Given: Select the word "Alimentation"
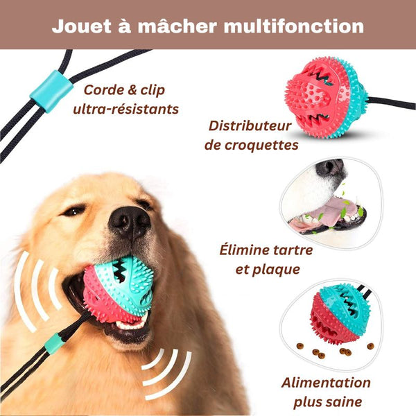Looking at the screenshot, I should point(326,383).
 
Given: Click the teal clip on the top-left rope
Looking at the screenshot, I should point(51,94).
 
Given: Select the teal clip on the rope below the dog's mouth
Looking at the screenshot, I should point(53,342).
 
